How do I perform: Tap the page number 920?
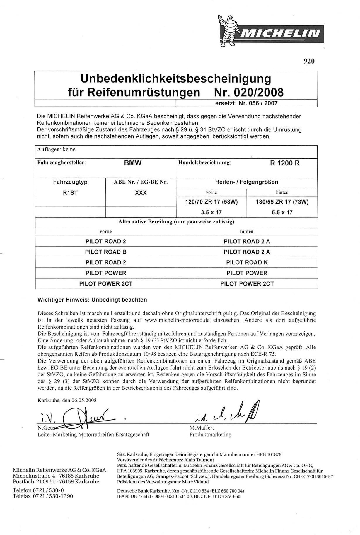pos(309,61)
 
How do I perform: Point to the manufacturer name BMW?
pos(133,163)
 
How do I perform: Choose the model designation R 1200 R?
pos(285,163)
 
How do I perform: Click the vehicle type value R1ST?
pos(70,193)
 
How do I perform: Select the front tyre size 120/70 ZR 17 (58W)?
pos(211,202)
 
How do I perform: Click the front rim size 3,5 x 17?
pos(211,212)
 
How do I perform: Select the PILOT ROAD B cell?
pos(106,252)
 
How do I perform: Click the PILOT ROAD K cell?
pos(247,262)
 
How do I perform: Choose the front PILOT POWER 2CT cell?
pos(106,283)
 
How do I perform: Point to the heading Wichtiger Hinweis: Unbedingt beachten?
pos(92,300)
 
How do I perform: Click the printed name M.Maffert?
pos(202,428)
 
